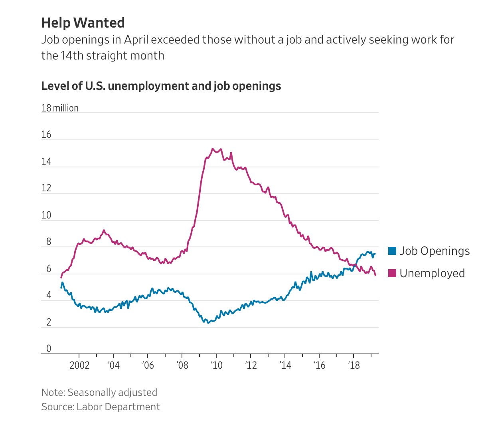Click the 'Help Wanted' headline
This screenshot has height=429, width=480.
coord(83,23)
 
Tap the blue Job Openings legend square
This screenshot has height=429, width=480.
coord(392,251)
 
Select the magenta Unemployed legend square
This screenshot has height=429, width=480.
coord(392,273)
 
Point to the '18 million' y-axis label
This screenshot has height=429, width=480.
coord(60,108)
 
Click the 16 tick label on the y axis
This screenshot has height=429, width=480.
coord(46,135)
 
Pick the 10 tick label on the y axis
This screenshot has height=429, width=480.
coord(46,215)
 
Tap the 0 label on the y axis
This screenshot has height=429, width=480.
coord(49,349)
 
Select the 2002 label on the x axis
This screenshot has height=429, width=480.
coord(79,365)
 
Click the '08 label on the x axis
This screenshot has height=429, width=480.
coord(182,365)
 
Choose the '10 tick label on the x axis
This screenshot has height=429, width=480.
coord(217,365)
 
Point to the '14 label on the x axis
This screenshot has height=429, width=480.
coord(285,365)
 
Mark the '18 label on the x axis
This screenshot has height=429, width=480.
coord(354,365)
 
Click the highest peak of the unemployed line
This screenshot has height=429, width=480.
coord(213,149)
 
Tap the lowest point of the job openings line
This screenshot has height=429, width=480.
coord(208,323)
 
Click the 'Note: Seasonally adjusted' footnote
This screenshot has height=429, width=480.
coord(99,393)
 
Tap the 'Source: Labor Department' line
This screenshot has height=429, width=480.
coord(101,407)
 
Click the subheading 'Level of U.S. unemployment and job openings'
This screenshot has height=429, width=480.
coord(161,86)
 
